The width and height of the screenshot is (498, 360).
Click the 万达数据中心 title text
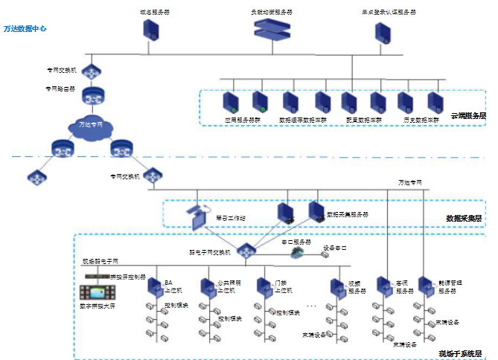pos(25,28)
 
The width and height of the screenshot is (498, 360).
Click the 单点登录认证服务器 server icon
pos(383,32)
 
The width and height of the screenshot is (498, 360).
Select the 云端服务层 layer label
pos(468,116)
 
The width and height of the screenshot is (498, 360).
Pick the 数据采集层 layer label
pos(465,218)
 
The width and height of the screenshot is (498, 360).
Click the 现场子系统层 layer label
pos(462,353)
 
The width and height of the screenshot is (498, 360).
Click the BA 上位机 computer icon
pos(153,286)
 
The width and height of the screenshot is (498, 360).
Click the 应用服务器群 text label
pos(243,119)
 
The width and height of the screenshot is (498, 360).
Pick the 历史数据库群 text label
pos(419,119)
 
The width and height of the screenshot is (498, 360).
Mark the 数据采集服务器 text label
pos(347,215)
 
